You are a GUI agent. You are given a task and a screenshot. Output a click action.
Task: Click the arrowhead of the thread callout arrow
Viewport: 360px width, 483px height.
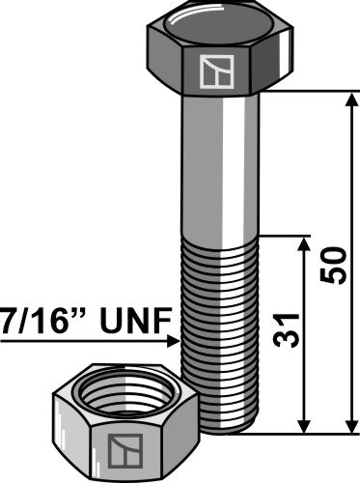175,340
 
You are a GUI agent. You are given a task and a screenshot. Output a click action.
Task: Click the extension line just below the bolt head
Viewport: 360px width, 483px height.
309,92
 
